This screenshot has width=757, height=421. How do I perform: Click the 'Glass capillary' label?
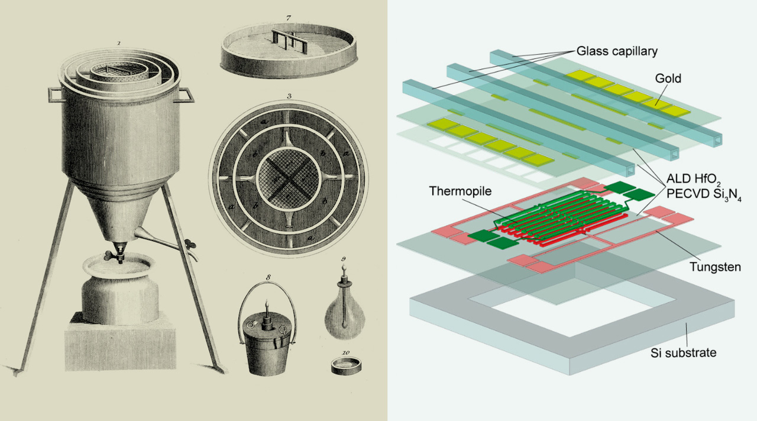[x=617, y=51]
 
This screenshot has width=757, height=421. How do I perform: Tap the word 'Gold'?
[x=668, y=79]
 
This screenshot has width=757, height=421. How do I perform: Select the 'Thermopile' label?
[x=460, y=191]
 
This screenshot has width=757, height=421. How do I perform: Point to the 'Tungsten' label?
[x=715, y=267]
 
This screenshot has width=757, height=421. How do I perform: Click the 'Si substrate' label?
[x=683, y=353]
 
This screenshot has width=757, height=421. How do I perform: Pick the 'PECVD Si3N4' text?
[x=704, y=195]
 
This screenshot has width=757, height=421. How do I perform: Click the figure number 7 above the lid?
[x=288, y=18]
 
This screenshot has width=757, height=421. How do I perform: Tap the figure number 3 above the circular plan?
[x=289, y=96]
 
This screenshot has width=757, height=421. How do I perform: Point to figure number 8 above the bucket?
[x=268, y=278]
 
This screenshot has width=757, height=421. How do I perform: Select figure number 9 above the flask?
[x=344, y=259]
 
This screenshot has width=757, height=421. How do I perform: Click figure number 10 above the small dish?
[x=346, y=353]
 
